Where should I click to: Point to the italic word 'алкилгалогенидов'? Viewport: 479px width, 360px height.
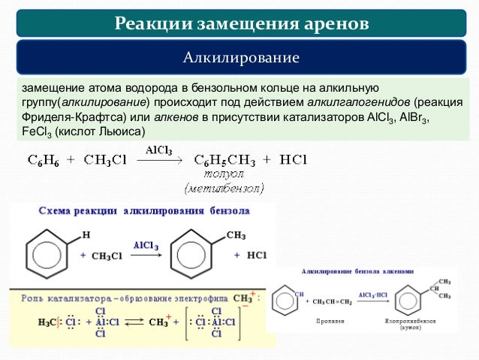352,103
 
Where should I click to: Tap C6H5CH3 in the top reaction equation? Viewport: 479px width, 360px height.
226,159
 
